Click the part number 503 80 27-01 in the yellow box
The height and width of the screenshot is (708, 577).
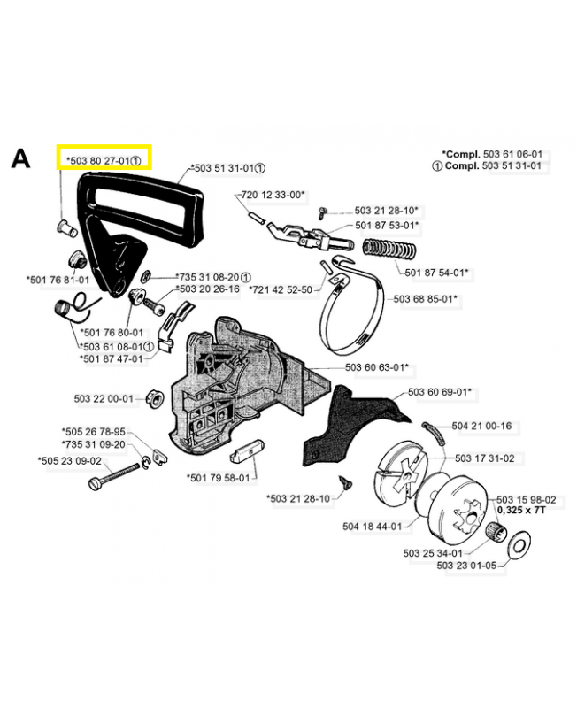pos(101,161)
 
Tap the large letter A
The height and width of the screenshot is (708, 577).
pos(20,158)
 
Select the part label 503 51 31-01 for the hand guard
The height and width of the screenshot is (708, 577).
pos(224,168)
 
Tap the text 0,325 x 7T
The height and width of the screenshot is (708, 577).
pos(521,511)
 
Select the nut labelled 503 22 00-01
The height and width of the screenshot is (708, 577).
pos(155,398)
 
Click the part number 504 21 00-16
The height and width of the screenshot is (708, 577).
pos(481,426)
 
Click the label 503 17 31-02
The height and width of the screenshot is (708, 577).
pos(484,458)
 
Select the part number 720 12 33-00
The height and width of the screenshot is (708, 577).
pos(273,195)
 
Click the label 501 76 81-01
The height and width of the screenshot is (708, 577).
pos(58,280)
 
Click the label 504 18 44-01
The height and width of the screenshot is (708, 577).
pos(372,527)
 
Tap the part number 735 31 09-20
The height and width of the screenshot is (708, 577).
pos(94,444)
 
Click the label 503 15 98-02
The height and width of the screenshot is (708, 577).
pos(527,500)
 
